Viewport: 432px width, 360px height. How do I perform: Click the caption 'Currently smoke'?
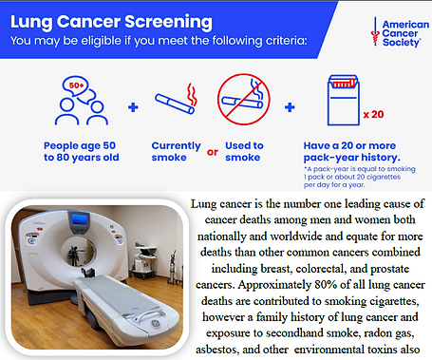point(175,151)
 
